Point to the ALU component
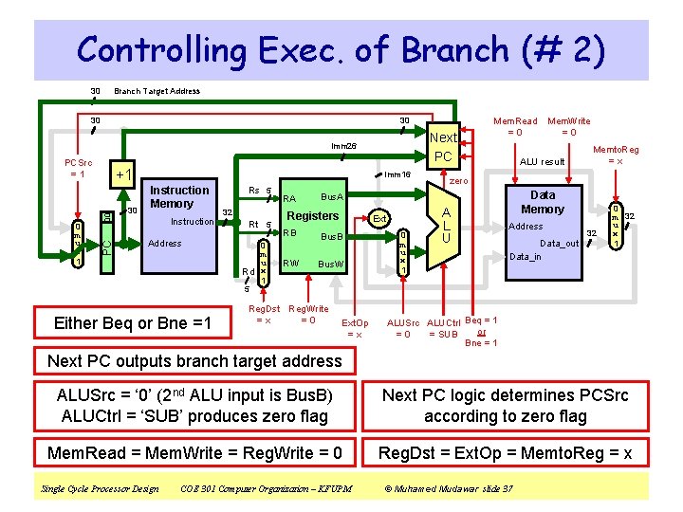click(443, 226)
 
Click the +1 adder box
click(122, 176)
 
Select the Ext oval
click(378, 219)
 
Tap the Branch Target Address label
click(157, 91)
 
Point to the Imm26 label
click(343, 145)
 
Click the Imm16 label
click(397, 174)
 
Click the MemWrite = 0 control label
click(568, 126)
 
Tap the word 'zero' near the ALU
click(458, 180)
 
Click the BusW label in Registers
click(330, 264)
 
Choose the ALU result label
click(542, 162)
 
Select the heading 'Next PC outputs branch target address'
click(194, 361)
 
